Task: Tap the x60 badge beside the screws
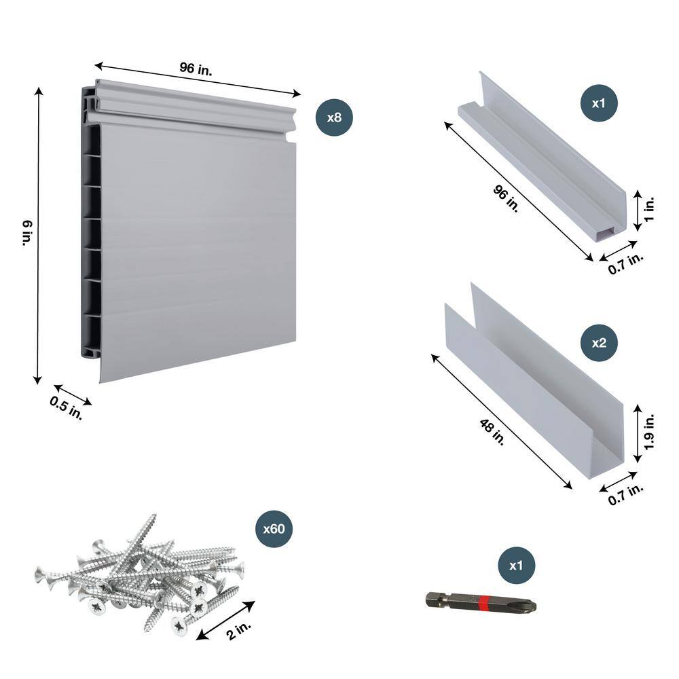click(273, 530)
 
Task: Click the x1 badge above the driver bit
click(516, 566)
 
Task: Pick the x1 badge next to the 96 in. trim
click(598, 104)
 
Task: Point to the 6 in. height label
click(25, 233)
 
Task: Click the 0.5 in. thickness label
click(66, 408)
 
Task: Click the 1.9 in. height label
click(649, 430)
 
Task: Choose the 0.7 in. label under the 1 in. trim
click(625, 263)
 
